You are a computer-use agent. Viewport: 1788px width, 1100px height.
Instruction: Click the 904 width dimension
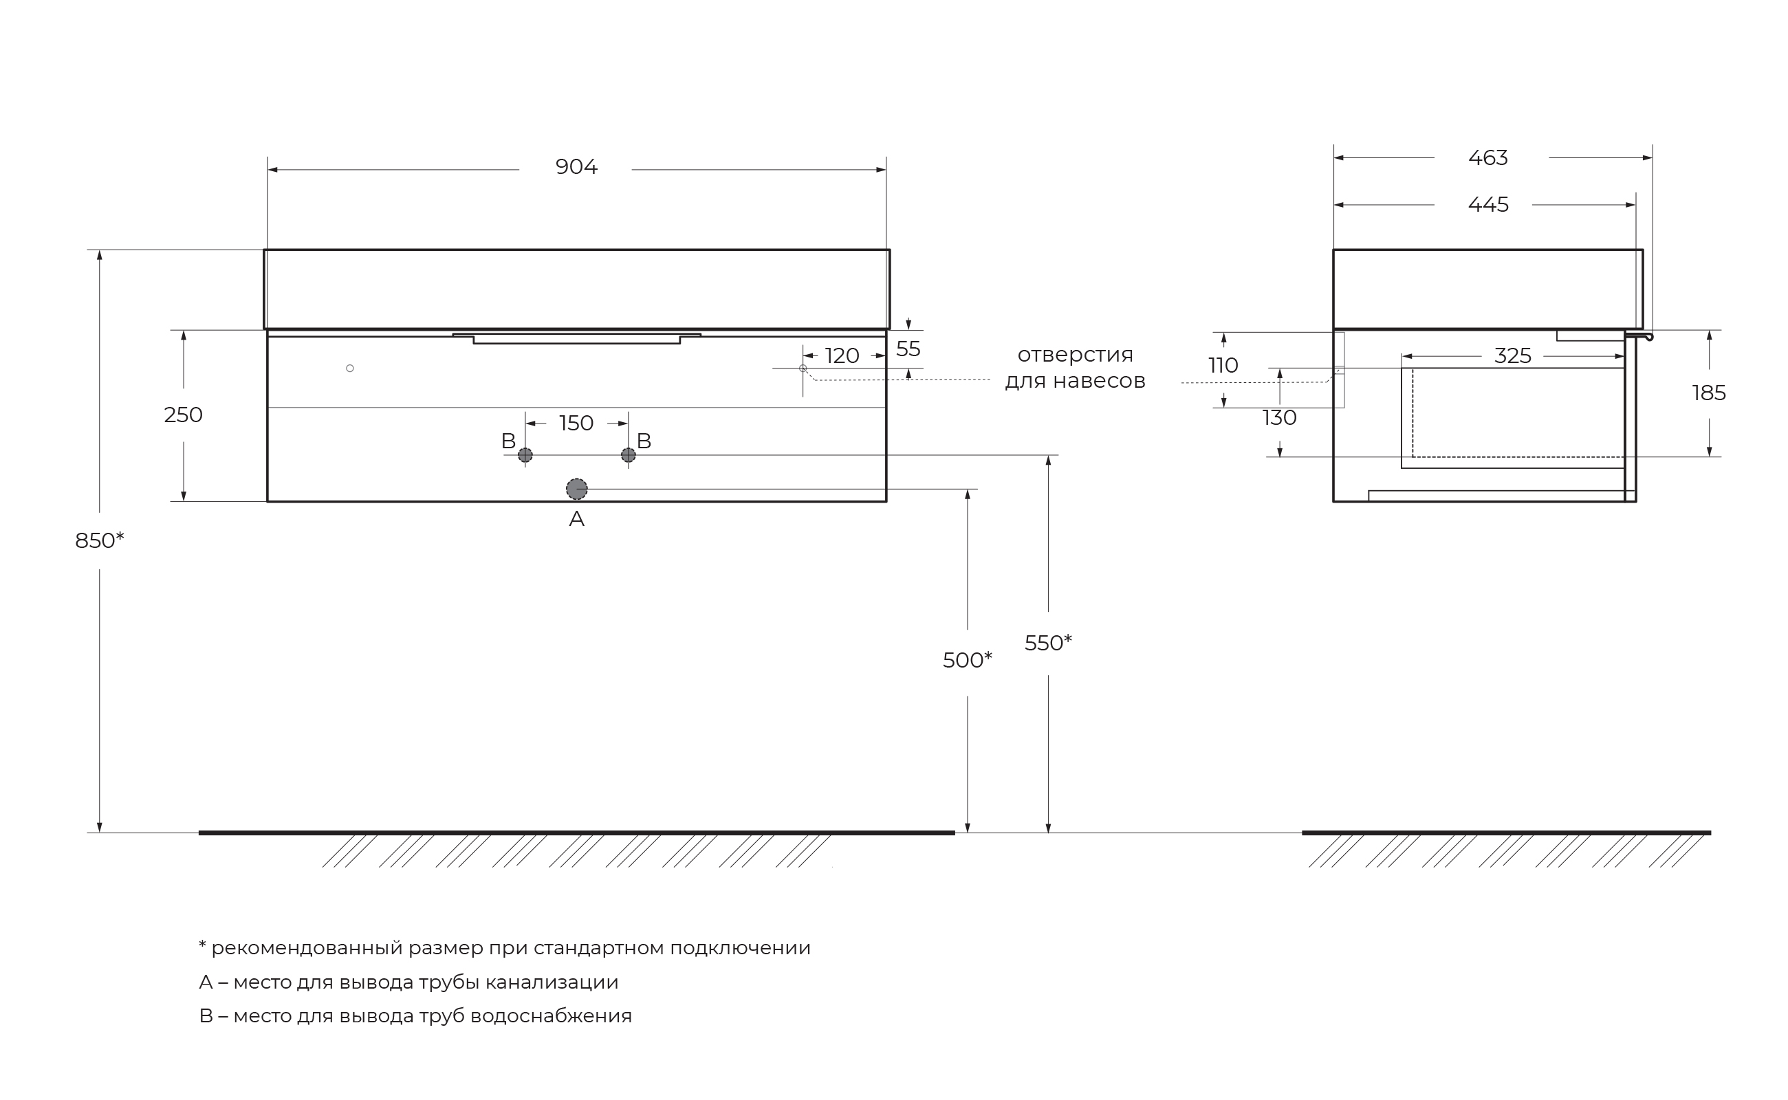pyautogui.click(x=576, y=167)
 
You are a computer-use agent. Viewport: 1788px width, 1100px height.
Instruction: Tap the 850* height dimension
pyautogui.click(x=100, y=540)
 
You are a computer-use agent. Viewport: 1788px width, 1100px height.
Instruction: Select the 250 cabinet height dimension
pyautogui.click(x=184, y=415)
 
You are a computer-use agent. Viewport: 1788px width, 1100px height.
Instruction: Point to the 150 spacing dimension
pyautogui.click(x=576, y=423)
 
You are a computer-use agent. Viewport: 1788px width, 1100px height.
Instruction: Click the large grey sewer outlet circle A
pyautogui.click(x=577, y=489)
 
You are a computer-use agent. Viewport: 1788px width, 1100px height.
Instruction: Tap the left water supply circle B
pyautogui.click(x=525, y=455)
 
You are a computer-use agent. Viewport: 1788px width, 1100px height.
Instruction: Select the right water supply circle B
pyautogui.click(x=629, y=455)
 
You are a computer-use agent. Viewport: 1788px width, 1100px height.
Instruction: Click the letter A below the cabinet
pyautogui.click(x=576, y=520)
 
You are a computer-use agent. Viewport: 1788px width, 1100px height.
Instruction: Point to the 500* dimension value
pyautogui.click(x=968, y=661)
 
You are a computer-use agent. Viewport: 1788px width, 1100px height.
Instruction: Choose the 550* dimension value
pyautogui.click(x=1049, y=643)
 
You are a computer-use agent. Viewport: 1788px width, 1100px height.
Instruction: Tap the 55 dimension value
pyautogui.click(x=908, y=349)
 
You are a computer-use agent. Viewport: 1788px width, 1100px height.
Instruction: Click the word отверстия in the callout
pyautogui.click(x=1076, y=355)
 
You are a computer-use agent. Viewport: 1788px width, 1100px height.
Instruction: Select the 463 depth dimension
pyautogui.click(x=1488, y=158)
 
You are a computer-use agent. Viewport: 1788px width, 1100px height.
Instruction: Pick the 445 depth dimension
pyautogui.click(x=1488, y=205)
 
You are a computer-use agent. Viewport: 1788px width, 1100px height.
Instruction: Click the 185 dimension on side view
pyautogui.click(x=1710, y=393)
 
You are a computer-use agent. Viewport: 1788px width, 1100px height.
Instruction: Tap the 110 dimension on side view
pyautogui.click(x=1223, y=366)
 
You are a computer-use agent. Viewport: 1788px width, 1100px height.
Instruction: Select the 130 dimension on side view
pyautogui.click(x=1279, y=418)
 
